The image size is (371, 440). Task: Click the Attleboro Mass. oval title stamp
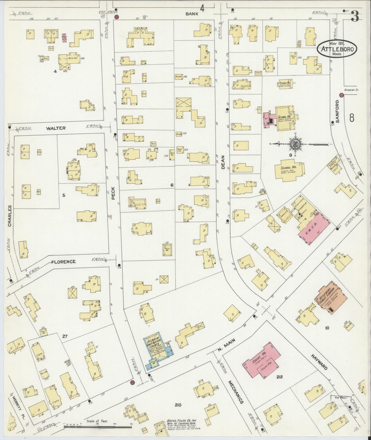tap(337, 48)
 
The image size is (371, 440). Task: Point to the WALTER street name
tap(56, 128)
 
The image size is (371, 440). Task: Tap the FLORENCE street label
tap(63, 262)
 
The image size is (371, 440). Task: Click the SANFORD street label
tap(337, 111)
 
